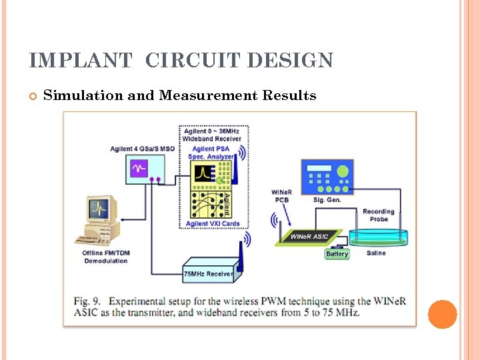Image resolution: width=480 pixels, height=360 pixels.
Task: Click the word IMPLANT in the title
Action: click(81, 61)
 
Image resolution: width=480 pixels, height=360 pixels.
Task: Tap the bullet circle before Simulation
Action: click(32, 96)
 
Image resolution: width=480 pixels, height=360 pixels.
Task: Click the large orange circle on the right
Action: click(442, 314)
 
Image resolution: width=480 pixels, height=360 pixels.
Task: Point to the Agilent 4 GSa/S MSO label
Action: click(142, 149)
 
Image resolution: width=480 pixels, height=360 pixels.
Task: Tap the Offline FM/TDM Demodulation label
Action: click(105, 257)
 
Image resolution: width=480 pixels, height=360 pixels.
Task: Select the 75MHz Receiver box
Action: click(208, 273)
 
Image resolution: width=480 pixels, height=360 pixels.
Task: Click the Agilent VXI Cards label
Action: click(207, 224)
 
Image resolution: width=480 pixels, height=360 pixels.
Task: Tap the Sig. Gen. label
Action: click(327, 199)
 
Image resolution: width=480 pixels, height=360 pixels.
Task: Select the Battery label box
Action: click(337, 254)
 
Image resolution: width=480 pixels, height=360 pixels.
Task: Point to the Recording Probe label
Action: click(378, 215)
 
